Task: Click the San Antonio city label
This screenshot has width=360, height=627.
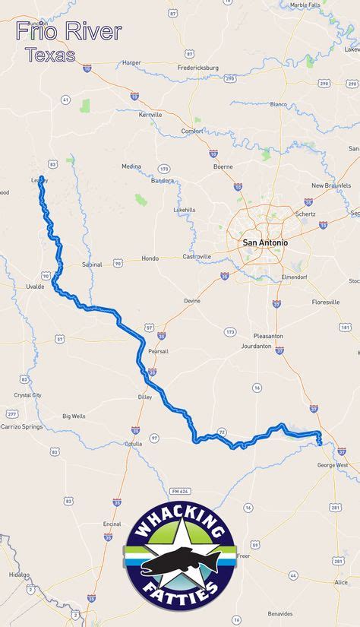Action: click(265, 242)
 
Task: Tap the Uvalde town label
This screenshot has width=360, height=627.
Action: click(35, 287)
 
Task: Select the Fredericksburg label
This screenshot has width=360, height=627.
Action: click(198, 68)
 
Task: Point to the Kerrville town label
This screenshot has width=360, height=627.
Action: click(151, 115)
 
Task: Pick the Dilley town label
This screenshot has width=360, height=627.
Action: click(145, 397)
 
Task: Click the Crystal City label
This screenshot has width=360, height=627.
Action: click(27, 395)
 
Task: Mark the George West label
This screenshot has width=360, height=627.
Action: click(333, 464)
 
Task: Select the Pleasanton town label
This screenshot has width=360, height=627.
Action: click(268, 336)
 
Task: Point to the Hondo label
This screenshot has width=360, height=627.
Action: click(150, 258)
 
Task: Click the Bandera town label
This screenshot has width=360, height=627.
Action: click(163, 181)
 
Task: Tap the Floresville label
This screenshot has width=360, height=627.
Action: click(326, 302)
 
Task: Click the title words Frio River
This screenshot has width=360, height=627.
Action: click(68, 32)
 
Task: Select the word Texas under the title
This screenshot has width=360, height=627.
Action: click(50, 55)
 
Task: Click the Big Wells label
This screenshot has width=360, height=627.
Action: click(74, 416)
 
